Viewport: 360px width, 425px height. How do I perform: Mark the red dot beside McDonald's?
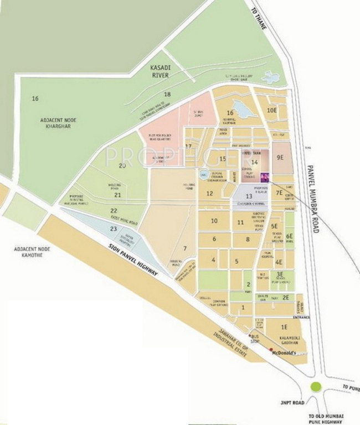[271, 350]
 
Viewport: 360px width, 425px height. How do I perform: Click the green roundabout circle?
[316, 387]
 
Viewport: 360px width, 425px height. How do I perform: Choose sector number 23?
[114, 229]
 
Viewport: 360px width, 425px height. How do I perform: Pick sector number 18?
[167, 95]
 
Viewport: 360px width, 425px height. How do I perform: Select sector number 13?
[249, 196]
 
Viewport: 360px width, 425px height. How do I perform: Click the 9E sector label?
[280, 158]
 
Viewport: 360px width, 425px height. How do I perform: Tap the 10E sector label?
[271, 110]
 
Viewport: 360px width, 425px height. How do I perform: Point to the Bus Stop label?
[255, 339]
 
